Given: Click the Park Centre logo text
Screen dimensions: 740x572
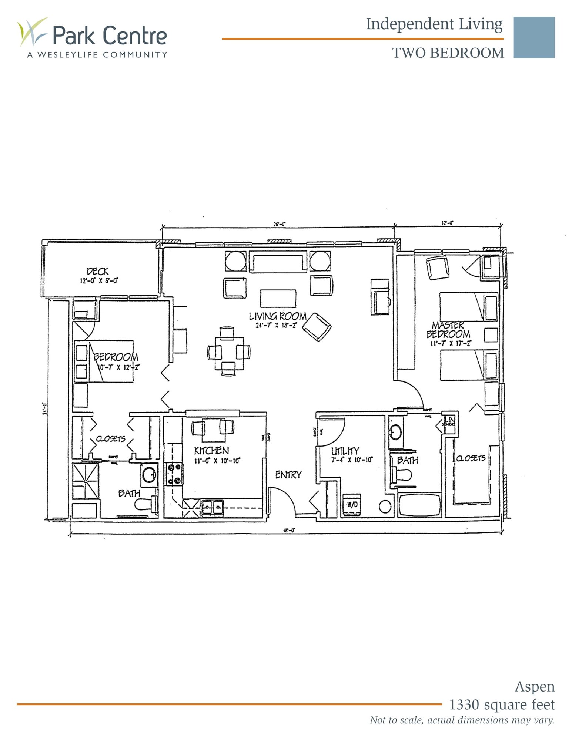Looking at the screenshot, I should coord(110,35).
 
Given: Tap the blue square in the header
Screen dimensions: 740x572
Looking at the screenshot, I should coord(533,37).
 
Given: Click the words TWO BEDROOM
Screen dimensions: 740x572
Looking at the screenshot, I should coord(448,53).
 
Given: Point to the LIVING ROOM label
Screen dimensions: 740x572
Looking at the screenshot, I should coord(278,316).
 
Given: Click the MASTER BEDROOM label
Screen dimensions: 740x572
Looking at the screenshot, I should coord(448,330).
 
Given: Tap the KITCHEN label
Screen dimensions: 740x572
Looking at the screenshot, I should coord(211,450).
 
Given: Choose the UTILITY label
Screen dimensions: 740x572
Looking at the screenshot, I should coord(345,451).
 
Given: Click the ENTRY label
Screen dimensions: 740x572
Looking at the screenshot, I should coord(288,475).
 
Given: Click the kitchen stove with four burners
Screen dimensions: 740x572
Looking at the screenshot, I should coord(174,474).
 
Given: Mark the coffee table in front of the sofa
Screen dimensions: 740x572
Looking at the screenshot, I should coord(278,298).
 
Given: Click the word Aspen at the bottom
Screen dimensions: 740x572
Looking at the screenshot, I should coord(535,687).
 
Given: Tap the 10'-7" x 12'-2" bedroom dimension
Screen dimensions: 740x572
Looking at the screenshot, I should coord(118,367).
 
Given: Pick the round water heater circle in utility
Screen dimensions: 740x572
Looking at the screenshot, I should coord(385,507).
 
